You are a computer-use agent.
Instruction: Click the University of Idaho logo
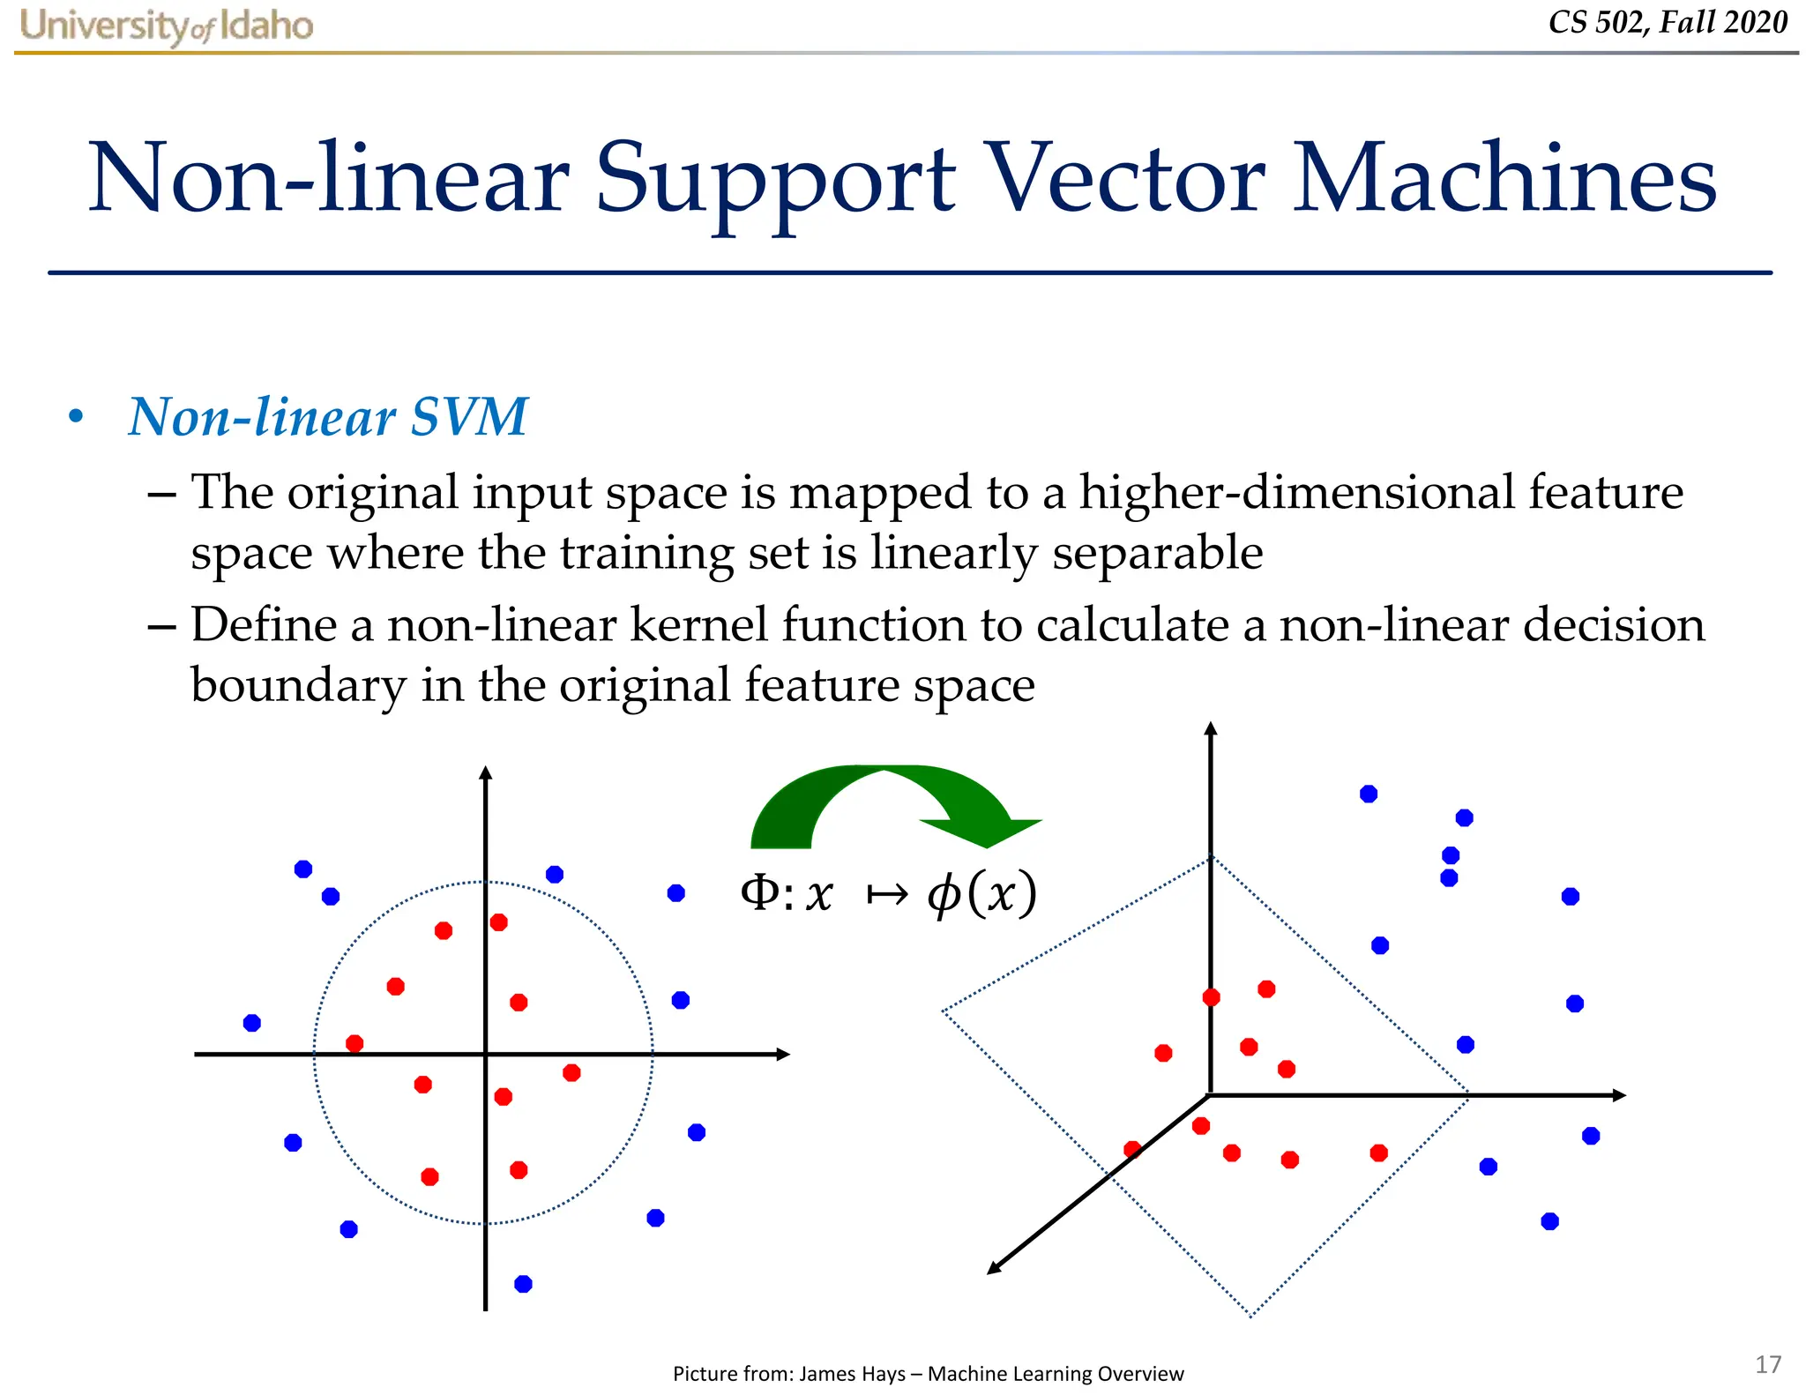tap(166, 25)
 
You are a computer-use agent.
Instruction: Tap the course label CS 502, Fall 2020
tap(1667, 22)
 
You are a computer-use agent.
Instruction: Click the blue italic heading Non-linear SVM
tap(327, 417)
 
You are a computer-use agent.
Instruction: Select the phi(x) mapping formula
tap(889, 894)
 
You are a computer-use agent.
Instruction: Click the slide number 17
tap(1767, 1364)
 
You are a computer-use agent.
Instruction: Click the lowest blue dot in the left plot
tap(523, 1284)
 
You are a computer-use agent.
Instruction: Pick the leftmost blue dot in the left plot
tap(252, 1023)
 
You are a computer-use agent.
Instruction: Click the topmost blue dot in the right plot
tap(1369, 794)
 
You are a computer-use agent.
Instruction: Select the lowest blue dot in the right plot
tap(1549, 1221)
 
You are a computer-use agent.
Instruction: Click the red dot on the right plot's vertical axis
tap(1211, 997)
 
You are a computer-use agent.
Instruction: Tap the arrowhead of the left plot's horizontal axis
tap(782, 1054)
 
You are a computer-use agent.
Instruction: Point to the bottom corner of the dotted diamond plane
tap(1251, 1316)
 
